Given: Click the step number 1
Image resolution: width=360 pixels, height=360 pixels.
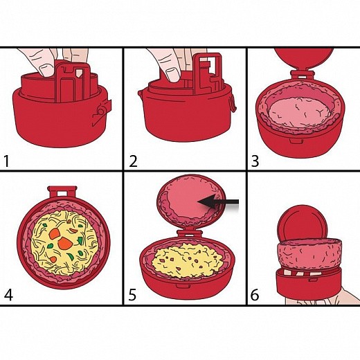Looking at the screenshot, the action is pyautogui.click(x=6, y=161).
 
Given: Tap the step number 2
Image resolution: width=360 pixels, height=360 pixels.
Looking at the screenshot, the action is pyautogui.click(x=133, y=161).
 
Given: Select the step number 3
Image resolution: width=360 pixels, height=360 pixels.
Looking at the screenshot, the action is pyautogui.click(x=255, y=161).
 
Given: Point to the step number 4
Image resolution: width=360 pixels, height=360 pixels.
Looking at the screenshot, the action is pyautogui.click(x=8, y=295).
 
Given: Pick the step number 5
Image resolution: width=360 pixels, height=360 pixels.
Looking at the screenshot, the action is pyautogui.click(x=132, y=295).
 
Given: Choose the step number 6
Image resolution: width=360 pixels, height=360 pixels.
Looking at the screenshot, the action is pyautogui.click(x=255, y=295).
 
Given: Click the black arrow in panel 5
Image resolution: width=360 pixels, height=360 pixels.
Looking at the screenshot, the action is pyautogui.click(x=218, y=202).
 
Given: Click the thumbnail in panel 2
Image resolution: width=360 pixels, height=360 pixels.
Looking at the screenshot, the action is pyautogui.click(x=173, y=74).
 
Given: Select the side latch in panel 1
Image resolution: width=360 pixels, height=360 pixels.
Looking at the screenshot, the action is pyautogui.click(x=102, y=112).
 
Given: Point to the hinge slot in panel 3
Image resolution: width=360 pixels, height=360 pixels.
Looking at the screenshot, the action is pyautogui.click(x=303, y=75).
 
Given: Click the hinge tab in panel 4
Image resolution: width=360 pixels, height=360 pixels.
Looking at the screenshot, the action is pyautogui.click(x=62, y=192).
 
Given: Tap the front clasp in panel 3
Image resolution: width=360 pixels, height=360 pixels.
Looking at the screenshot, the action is pyautogui.click(x=296, y=141).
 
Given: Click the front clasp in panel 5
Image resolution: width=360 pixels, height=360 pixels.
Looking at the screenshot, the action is pyautogui.click(x=183, y=286).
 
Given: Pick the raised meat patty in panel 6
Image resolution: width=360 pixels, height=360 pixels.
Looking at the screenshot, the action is pyautogui.click(x=309, y=254).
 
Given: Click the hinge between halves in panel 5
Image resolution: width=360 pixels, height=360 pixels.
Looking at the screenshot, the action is pyautogui.click(x=189, y=234).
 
